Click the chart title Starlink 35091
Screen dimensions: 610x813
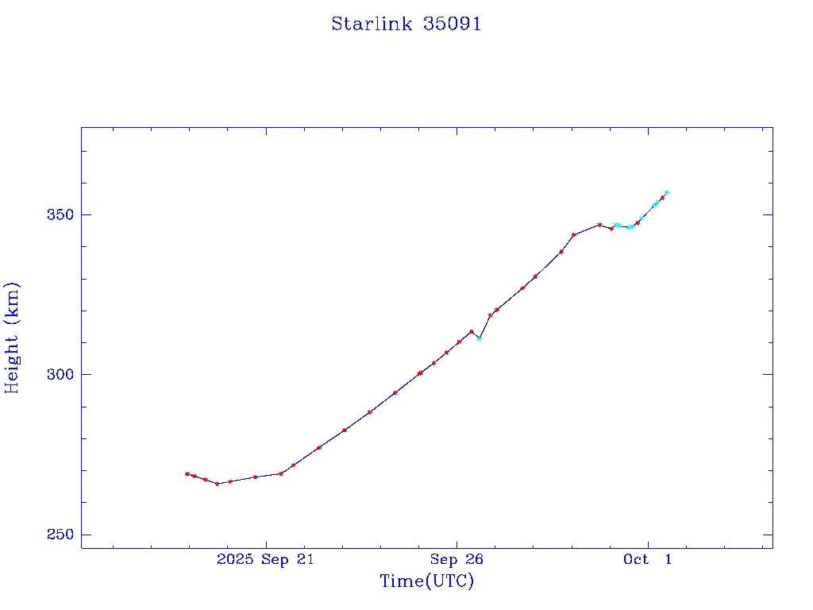(406, 24)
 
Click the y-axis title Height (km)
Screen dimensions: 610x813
(12, 337)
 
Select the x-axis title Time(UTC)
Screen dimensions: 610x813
(426, 581)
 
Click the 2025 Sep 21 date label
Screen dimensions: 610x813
(265, 559)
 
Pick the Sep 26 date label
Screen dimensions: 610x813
(457, 559)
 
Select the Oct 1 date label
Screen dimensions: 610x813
(647, 559)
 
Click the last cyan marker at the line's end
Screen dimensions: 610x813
(667, 192)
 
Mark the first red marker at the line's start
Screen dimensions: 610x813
(187, 474)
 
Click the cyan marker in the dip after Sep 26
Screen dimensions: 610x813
(479, 338)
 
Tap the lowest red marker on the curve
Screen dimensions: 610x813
(218, 484)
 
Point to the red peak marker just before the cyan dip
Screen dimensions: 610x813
(472, 331)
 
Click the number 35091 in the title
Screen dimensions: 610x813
(452, 24)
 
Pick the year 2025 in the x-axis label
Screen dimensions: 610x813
(236, 559)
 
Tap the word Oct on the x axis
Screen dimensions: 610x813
(635, 559)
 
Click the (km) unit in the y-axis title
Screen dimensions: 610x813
(12, 303)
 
